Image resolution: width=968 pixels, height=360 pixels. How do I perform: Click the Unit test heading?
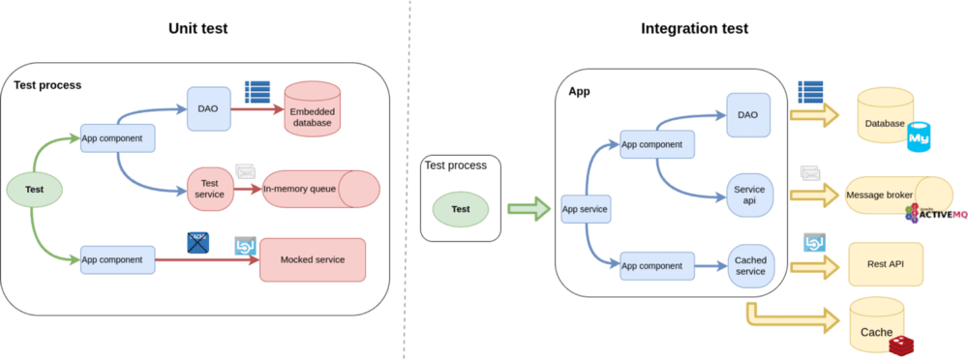tap(197, 29)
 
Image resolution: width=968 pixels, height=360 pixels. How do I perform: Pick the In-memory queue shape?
tap(319, 190)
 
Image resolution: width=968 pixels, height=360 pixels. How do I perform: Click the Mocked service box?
tap(313, 259)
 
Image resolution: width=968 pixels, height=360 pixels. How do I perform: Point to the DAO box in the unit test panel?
tap(208, 109)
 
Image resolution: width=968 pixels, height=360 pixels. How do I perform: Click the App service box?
tap(584, 207)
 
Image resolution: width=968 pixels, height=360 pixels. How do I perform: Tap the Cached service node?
tap(750, 264)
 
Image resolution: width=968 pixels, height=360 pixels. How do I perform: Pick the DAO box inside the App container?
tap(747, 114)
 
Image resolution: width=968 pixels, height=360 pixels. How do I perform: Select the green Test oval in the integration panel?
tap(461, 207)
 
